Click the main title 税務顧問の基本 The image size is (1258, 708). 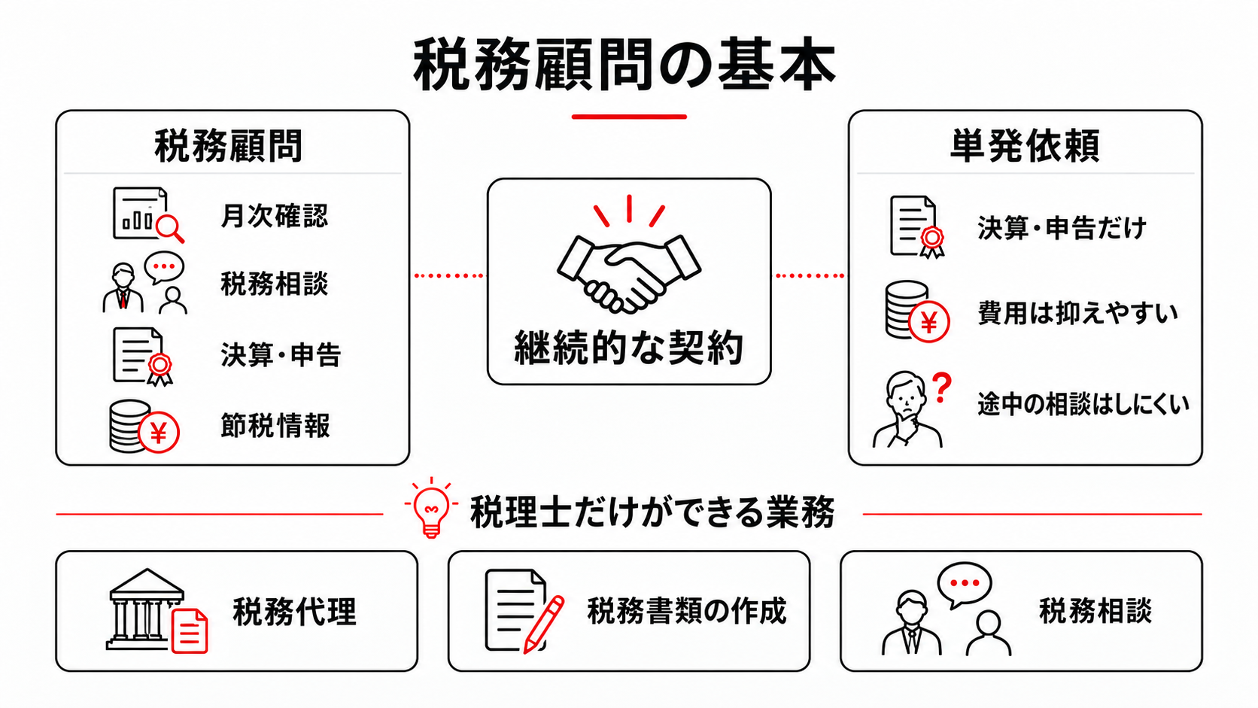point(624,65)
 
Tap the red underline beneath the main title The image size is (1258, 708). point(629,117)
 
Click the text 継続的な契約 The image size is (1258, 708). point(629,348)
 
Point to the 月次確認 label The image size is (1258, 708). point(274,216)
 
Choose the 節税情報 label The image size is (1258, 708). point(275,426)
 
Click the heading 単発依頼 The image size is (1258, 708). point(1025,146)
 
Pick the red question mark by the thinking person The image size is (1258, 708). point(942,388)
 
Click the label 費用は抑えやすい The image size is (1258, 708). point(1077,313)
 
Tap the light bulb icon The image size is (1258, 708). point(431,508)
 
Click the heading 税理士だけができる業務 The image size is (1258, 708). point(652,512)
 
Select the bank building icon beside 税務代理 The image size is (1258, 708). point(147,609)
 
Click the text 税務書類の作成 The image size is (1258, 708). point(687,611)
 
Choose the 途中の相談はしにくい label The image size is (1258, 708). point(1083,404)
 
